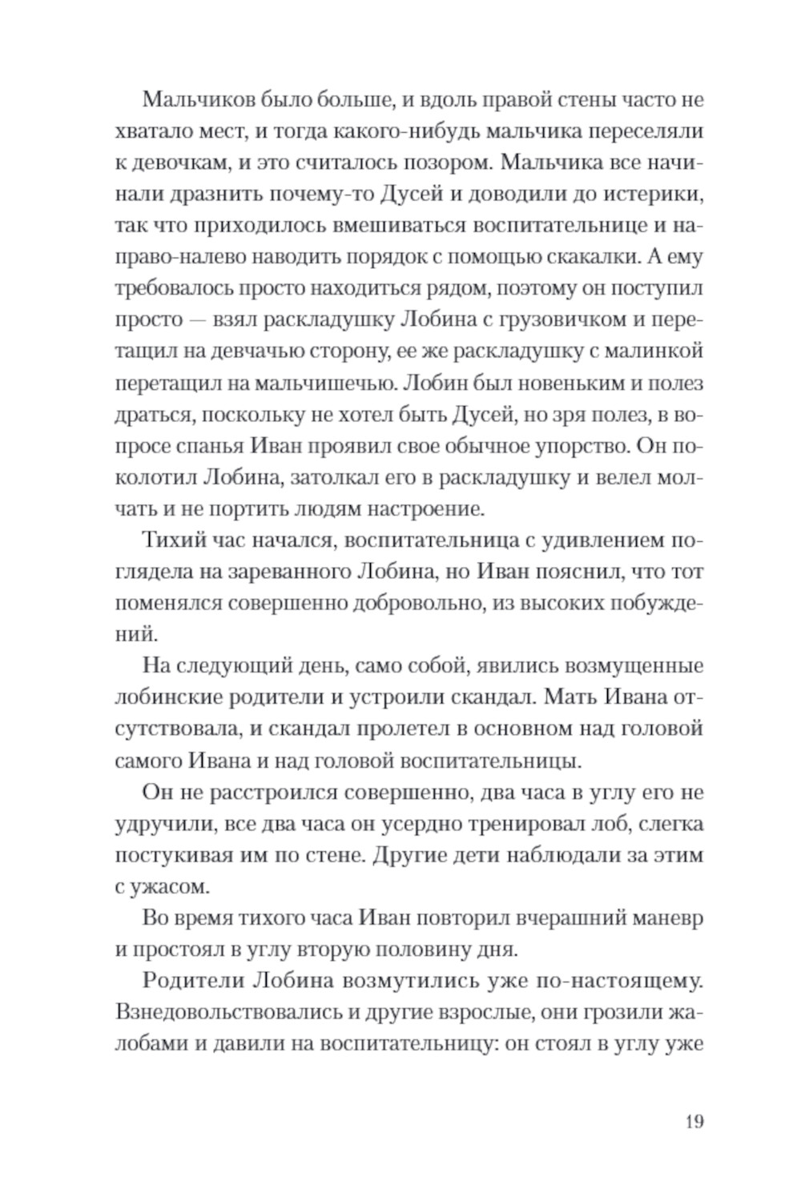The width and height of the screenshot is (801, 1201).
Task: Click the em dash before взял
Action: (x=199, y=319)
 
